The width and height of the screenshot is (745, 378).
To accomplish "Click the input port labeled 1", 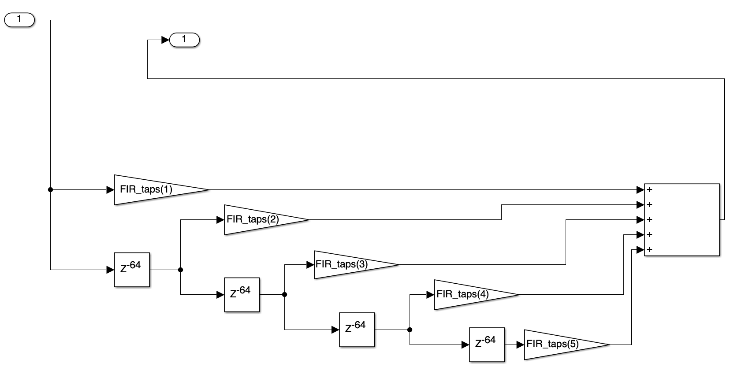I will (19, 20).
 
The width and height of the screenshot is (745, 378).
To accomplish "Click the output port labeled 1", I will (184, 40).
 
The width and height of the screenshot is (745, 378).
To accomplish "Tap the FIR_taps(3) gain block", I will (348, 265).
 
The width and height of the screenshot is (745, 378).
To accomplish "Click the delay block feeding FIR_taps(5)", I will (487, 345).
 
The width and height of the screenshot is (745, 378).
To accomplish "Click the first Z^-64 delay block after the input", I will (132, 270).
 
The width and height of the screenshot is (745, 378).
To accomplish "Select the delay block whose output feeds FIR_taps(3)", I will (242, 294).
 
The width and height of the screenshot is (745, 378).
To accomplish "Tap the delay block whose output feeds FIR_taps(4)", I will (357, 330).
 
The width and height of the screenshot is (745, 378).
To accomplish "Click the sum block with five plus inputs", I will (682, 219).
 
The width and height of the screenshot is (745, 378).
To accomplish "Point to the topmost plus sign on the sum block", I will (649, 190).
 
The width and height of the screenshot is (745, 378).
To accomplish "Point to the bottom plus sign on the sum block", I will (649, 250).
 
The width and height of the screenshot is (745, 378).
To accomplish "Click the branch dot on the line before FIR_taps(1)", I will (50, 190).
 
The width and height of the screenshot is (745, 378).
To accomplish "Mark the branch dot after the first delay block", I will (180, 270).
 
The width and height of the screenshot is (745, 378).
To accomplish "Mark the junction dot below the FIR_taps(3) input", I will (284, 294).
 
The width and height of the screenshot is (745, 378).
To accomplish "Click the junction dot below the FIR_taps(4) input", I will (410, 330).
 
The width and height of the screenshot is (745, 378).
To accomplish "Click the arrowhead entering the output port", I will (165, 40).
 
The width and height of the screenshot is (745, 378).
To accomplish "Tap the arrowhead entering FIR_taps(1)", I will (110, 190).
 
